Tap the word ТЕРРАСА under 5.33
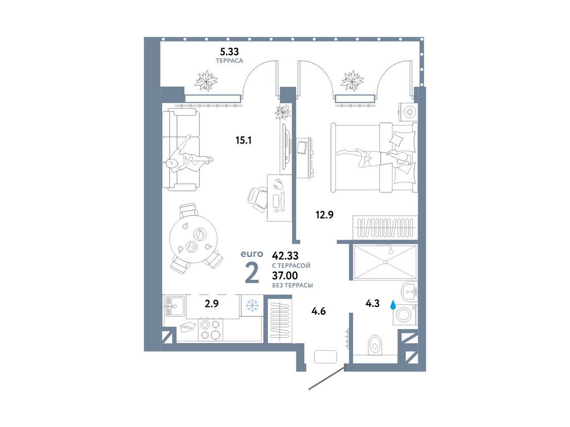(229, 61)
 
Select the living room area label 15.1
(244, 140)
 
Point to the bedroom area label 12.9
(325, 215)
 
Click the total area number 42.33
(286, 256)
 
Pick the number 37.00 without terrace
(285, 276)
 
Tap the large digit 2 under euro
(252, 274)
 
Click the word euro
(252, 254)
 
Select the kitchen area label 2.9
(212, 303)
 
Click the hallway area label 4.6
(318, 311)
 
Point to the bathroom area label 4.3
(372, 303)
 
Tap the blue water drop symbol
(392, 305)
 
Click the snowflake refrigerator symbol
(252, 306)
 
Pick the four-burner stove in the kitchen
(211, 329)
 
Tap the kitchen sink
(174, 306)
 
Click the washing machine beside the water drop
(404, 315)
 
